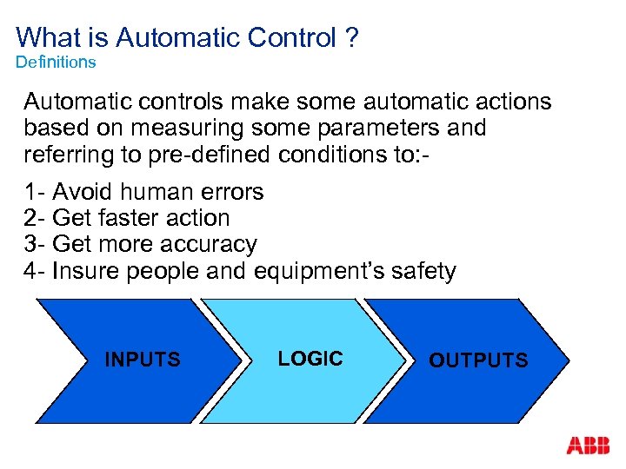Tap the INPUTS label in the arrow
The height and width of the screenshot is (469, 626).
[x=143, y=360]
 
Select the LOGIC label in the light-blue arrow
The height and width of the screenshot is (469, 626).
[x=310, y=359]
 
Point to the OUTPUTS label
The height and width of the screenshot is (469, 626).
[x=478, y=360]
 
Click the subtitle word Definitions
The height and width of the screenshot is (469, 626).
[x=56, y=63]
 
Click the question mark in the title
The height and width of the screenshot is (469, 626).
[x=351, y=37]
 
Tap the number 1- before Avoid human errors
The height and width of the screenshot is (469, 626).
[x=35, y=191]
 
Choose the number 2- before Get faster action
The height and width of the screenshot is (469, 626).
[x=35, y=218]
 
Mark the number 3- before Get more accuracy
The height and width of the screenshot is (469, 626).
[x=35, y=244]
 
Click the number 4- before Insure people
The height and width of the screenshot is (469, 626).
[x=35, y=271]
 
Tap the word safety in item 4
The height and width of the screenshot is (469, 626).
[x=419, y=271]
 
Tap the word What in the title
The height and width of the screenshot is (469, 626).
[x=46, y=37]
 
